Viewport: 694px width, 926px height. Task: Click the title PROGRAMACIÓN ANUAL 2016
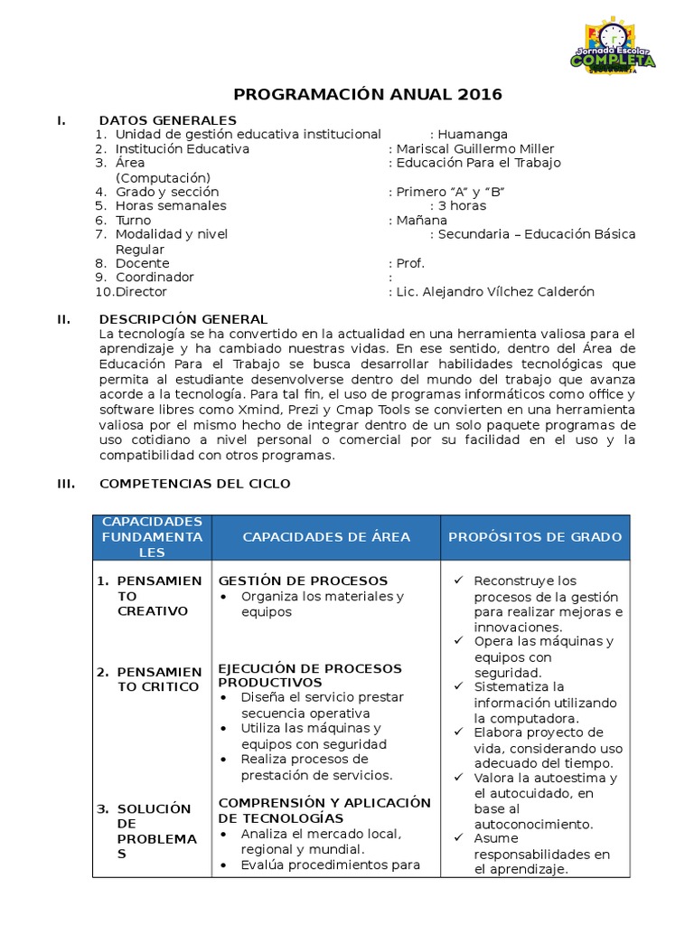[x=368, y=94]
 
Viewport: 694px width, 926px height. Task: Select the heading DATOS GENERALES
[x=168, y=120]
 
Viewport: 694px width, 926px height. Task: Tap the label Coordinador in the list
[x=155, y=277]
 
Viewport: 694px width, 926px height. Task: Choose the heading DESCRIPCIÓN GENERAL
[x=183, y=319]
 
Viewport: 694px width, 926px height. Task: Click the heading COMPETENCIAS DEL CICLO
[x=195, y=484]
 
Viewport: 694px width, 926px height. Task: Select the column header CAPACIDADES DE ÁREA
[x=326, y=537]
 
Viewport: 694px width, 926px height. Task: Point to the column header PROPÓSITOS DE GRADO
[x=535, y=537]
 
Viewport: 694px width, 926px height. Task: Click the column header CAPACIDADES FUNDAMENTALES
[x=152, y=537]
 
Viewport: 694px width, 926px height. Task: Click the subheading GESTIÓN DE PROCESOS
[x=303, y=581]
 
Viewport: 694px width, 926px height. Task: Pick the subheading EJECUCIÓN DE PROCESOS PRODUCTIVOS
[x=310, y=675]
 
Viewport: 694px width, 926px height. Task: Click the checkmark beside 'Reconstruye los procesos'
[x=460, y=581]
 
